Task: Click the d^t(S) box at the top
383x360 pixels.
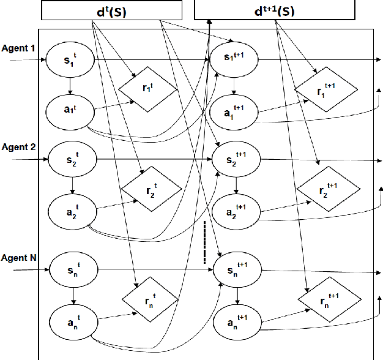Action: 111,10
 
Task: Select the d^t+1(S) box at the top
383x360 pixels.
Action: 274,10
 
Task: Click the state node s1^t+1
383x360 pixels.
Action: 235,60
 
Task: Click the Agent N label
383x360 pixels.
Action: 19,257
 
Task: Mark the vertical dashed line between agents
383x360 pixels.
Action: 204,242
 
